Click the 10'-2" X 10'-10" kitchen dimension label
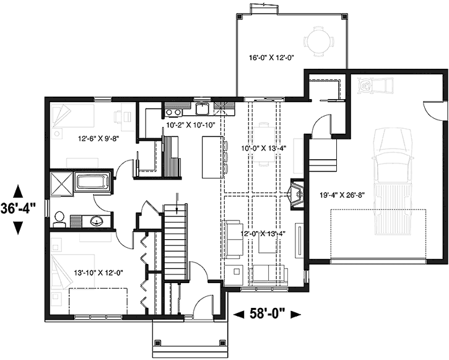190,125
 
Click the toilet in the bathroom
59,217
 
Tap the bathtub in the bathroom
93,183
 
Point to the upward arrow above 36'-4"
19,190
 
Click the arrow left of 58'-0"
238,315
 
